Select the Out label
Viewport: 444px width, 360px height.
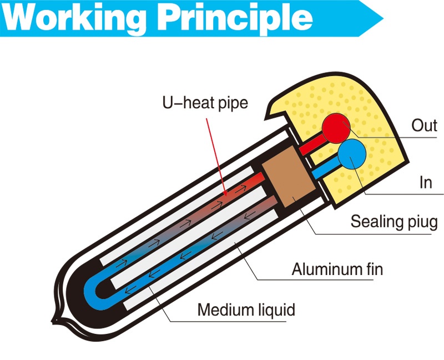pyautogui.click(x=424, y=125)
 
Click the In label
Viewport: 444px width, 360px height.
pyautogui.click(x=425, y=182)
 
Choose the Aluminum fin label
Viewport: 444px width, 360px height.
pyautogui.click(x=337, y=270)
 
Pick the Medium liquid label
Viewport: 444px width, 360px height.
pyautogui.click(x=246, y=309)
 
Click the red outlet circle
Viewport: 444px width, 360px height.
pyautogui.click(x=336, y=127)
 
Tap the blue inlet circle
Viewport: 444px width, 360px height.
pyautogui.click(x=351, y=154)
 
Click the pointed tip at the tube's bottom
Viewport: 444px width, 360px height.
pyautogui.click(x=54, y=321)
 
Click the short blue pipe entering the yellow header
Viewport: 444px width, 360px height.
pyautogui.click(x=325, y=170)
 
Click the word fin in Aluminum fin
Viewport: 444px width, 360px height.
pyautogui.click(x=372, y=270)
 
